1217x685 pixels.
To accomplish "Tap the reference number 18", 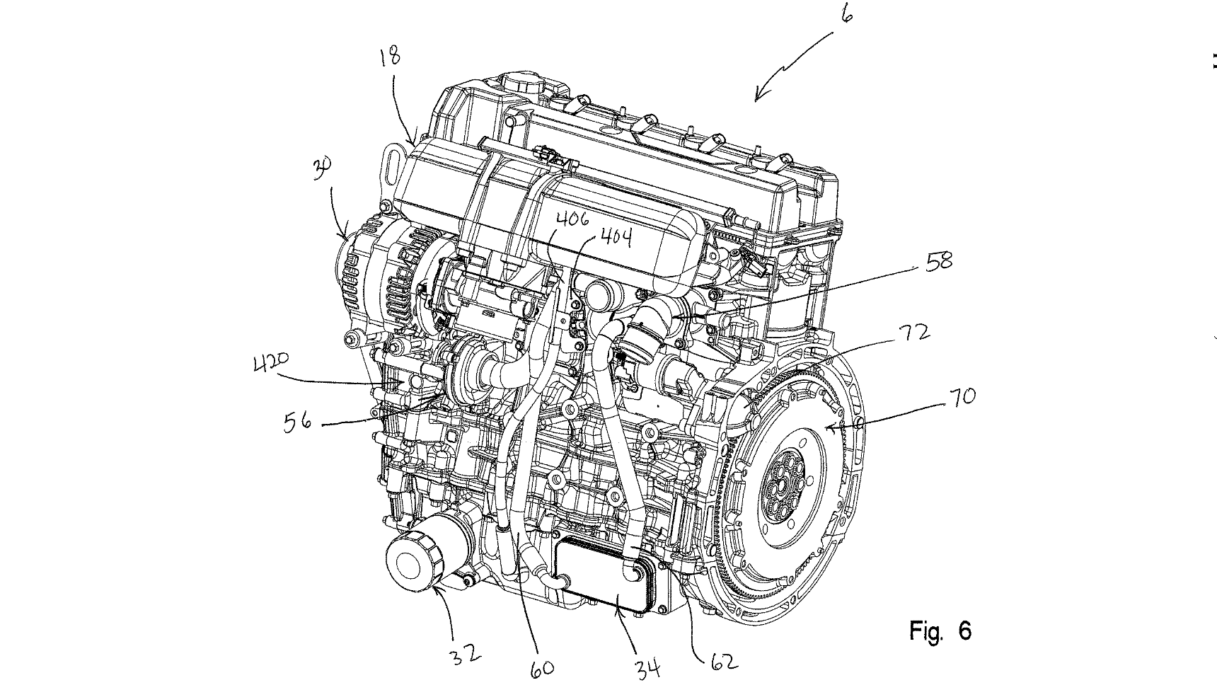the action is point(389,57).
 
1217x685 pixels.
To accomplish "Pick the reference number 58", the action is point(937,262).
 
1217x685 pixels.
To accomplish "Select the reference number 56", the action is point(298,422).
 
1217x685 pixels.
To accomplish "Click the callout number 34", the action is point(646,666).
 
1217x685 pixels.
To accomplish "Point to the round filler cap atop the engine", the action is point(524,84).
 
